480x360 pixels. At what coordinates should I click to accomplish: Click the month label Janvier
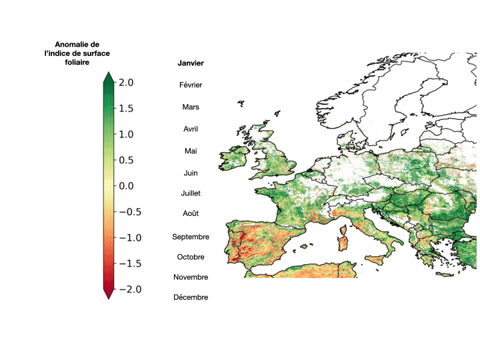coord(191,63)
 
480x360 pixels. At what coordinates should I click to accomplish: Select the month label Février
coord(191,85)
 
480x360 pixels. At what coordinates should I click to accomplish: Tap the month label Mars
coord(191,107)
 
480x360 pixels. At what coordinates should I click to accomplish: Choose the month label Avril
coord(191,129)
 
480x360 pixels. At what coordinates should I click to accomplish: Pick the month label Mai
coord(191,151)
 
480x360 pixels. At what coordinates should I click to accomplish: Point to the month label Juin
coord(191,173)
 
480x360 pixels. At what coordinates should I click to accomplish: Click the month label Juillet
coord(191,193)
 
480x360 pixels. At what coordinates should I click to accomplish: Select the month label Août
coord(191,214)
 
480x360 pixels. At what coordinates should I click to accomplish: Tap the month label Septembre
coord(191,237)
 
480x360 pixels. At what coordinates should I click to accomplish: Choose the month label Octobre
coord(191,257)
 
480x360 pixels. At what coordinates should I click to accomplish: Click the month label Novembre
coord(191,277)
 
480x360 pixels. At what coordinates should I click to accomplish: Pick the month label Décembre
coord(191,297)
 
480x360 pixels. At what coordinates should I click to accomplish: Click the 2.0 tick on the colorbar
coord(126,83)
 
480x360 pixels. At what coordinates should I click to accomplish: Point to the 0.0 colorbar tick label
coord(126,186)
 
